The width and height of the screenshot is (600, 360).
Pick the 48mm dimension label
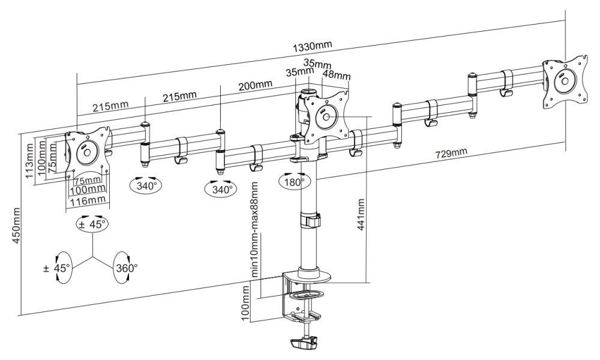point(336,76)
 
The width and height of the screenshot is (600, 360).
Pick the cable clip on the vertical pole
point(311,220)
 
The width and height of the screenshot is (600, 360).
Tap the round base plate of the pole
point(312,277)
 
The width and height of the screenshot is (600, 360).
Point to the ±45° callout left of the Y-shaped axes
point(58,267)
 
